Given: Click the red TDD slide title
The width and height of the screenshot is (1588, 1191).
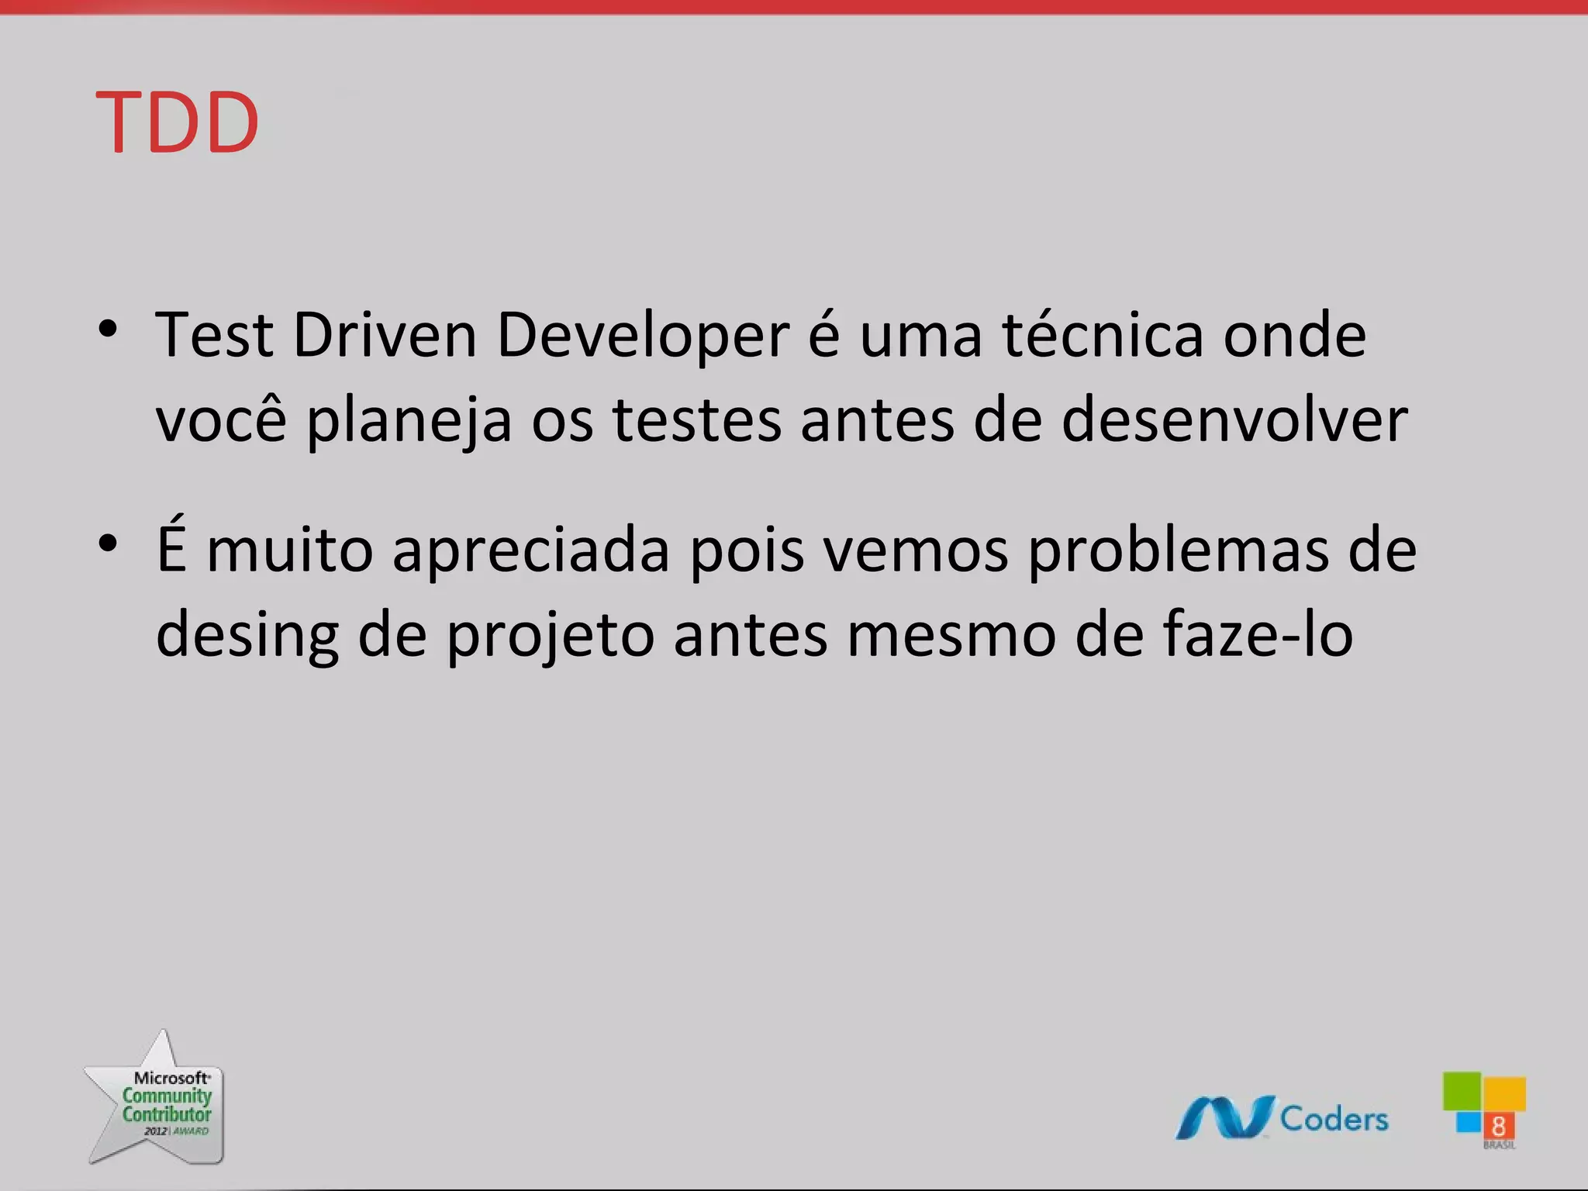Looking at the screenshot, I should point(177,123).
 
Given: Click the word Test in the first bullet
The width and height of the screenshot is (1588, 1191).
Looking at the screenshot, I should point(214,335).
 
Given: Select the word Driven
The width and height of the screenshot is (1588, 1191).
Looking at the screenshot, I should point(385,335).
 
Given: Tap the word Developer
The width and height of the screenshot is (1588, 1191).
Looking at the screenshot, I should point(643,337).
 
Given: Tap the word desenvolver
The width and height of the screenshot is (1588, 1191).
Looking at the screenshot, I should point(1234,419).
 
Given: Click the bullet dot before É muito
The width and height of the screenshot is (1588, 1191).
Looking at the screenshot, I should point(109,543).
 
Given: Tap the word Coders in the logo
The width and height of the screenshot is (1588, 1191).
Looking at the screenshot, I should point(1334,1119).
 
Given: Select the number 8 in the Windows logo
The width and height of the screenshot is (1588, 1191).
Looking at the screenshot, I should point(1498,1126).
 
